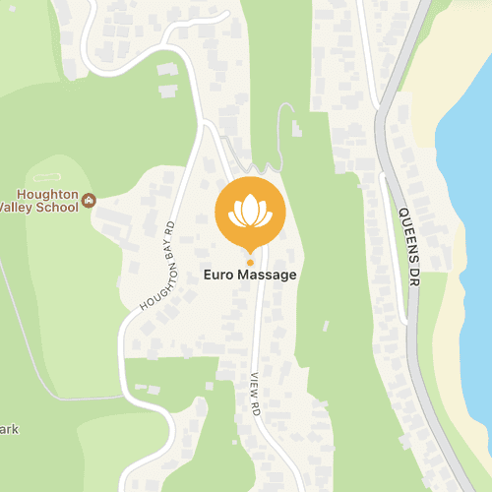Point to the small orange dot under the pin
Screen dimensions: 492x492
pyautogui.click(x=250, y=262)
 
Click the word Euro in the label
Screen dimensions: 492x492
pyautogui.click(x=219, y=276)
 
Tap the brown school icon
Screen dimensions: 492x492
pyautogui.click(x=90, y=200)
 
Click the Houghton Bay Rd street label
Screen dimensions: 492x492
pyautogui.click(x=157, y=266)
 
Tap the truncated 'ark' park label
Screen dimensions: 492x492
pyautogui.click(x=10, y=430)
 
